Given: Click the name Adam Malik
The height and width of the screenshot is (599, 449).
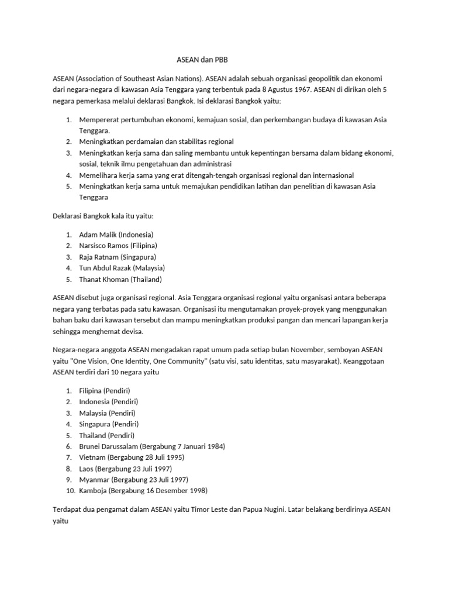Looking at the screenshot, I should click(x=98, y=235).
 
